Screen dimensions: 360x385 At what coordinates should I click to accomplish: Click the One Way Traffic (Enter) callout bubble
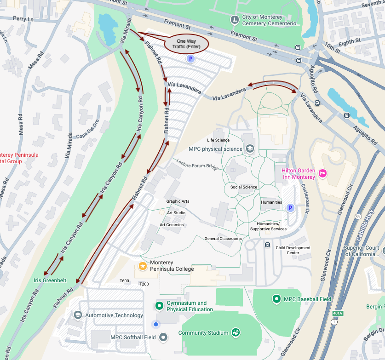(187, 44)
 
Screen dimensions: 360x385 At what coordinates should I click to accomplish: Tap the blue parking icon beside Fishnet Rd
(190, 59)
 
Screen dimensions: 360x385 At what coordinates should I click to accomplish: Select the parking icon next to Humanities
(290, 209)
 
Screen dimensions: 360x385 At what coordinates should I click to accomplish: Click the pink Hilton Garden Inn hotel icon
(323, 173)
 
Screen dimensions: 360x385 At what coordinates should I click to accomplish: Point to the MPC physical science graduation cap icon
(250, 149)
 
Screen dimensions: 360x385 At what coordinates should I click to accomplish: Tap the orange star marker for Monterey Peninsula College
(143, 266)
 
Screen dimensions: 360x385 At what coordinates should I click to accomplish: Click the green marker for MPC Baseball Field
(276, 299)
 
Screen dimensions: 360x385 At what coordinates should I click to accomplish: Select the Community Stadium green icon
(236, 332)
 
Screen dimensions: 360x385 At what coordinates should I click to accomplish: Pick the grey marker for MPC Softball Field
(162, 337)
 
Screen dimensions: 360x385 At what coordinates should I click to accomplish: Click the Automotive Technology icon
(77, 315)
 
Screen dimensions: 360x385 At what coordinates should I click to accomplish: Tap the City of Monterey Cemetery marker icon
(235, 20)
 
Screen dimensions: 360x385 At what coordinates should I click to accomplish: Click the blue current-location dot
(156, 325)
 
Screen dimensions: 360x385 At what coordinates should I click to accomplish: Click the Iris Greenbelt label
(50, 280)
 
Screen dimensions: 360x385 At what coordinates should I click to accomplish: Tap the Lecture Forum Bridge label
(197, 165)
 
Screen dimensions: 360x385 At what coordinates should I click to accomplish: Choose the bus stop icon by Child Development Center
(268, 245)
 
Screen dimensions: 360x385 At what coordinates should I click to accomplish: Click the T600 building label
(124, 281)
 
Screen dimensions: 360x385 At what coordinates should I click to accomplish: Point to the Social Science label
(244, 187)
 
